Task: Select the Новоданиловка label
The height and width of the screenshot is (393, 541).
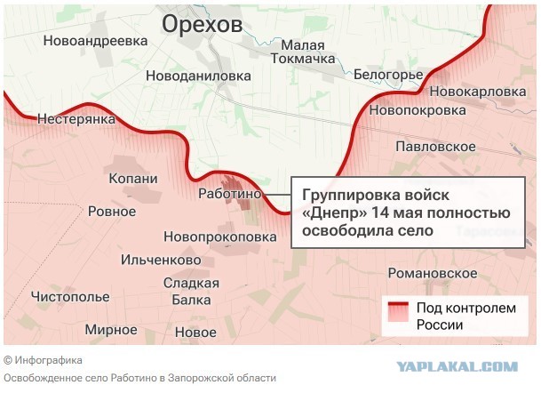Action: click(x=198, y=76)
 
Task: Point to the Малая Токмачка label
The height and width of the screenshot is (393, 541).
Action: click(x=308, y=52)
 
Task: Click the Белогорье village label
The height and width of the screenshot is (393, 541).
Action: click(x=387, y=75)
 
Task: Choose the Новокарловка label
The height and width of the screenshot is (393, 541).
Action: click(x=477, y=92)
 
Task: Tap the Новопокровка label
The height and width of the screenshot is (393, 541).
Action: click(x=417, y=110)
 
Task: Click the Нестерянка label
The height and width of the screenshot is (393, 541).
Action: click(x=76, y=118)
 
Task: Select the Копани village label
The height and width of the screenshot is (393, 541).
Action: click(x=132, y=179)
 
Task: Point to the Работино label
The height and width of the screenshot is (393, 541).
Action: click(x=229, y=193)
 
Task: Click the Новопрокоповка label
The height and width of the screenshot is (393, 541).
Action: click(x=220, y=237)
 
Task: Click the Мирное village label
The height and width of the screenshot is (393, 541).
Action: click(x=111, y=330)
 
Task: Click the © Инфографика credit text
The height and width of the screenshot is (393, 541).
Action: click(x=44, y=360)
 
